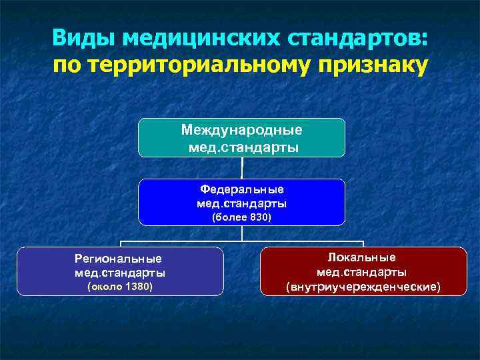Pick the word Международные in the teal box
point(241,130)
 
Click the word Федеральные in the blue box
point(241,189)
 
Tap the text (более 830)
point(241,217)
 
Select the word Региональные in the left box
point(119,258)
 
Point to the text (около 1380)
point(120,287)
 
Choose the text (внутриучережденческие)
point(363,287)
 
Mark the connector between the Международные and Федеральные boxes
point(242,168)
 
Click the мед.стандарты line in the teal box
point(241,145)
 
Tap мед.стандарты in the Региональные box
point(120,273)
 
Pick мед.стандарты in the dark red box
point(363,272)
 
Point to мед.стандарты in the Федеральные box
point(241,203)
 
